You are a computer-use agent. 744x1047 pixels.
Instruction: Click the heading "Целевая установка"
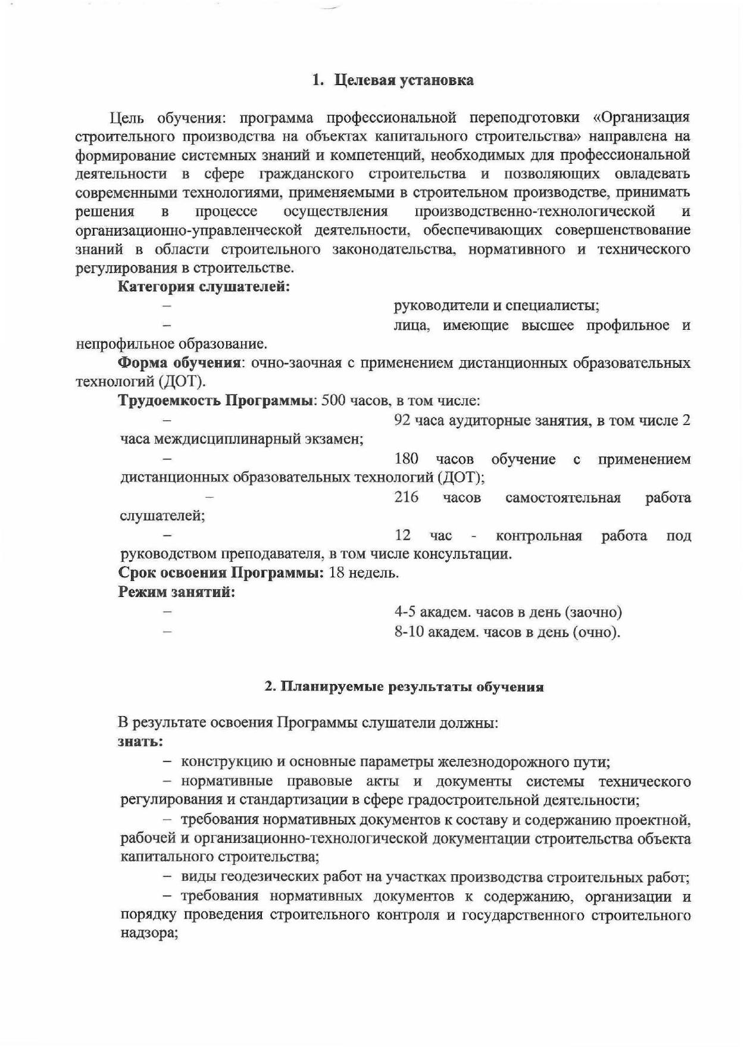(404, 80)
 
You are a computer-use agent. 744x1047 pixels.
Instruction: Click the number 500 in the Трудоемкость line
(333, 401)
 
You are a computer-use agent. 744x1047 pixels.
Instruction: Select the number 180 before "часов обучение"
(407, 459)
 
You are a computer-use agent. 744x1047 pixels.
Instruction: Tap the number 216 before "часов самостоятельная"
(407, 497)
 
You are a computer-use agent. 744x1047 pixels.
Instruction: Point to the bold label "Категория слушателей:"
(204, 287)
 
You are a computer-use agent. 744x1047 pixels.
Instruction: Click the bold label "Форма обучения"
(179, 363)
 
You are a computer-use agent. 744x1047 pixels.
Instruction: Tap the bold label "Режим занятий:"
(177, 592)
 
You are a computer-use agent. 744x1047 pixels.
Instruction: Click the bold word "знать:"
(140, 742)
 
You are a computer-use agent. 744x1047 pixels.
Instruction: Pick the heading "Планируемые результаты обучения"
(411, 687)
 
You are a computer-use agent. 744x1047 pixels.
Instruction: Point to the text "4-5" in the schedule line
(405, 612)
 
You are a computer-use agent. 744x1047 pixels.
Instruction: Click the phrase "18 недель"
(363, 573)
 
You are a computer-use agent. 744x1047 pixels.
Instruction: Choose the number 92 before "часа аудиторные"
(403, 421)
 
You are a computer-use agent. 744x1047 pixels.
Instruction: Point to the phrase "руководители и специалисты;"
(496, 306)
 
